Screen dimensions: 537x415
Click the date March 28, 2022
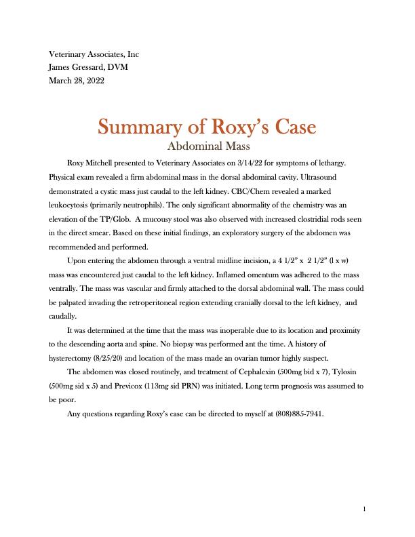point(77,81)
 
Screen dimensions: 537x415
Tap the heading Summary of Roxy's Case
point(207,127)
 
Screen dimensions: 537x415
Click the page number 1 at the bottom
point(364,509)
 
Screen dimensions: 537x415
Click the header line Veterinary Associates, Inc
point(94,54)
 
